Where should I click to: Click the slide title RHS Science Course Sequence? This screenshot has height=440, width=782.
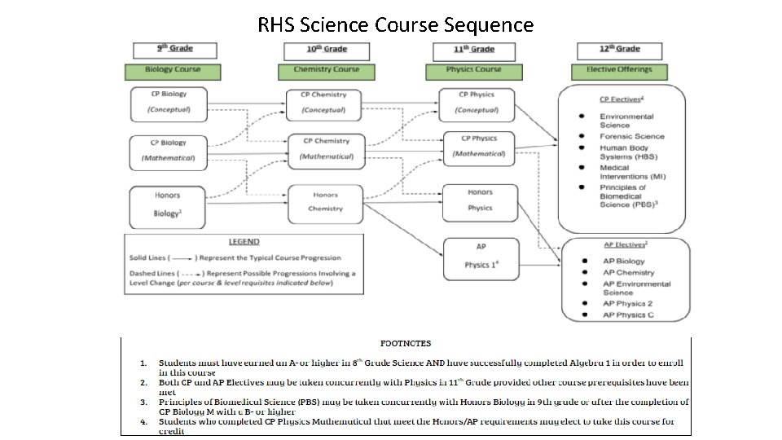point(396,25)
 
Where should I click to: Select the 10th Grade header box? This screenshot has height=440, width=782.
point(325,50)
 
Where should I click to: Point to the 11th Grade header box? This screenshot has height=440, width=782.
point(473,50)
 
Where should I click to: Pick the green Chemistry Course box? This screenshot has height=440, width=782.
point(325,71)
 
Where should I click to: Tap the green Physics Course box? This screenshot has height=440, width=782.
point(473,71)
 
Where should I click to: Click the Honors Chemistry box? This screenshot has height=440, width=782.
point(324,201)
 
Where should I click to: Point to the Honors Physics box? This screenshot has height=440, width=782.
point(480,200)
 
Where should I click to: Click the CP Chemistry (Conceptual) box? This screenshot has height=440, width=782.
point(324,103)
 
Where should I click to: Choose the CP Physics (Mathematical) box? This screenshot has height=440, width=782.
point(480,146)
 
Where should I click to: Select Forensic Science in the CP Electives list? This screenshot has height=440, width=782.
point(632,136)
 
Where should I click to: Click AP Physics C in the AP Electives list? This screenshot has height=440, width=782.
point(628,315)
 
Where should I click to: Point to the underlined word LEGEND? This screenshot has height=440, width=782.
point(244,242)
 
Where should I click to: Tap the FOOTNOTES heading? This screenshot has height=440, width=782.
point(405,344)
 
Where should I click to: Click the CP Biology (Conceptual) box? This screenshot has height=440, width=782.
point(169,103)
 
